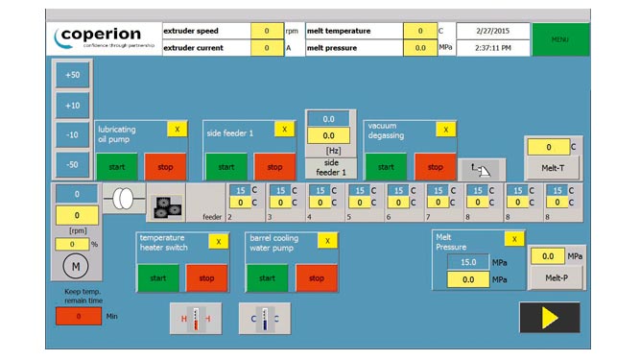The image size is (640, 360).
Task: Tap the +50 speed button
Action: click(73, 74)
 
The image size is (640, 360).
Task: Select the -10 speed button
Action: click(73, 134)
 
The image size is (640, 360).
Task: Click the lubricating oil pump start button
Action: click(117, 166)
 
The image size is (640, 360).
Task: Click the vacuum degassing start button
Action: click(385, 166)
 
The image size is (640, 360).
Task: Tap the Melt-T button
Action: click(552, 167)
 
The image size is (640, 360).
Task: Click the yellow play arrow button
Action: click(549, 316)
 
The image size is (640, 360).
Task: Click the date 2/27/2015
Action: click(490, 31)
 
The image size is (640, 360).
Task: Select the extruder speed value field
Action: click(266, 31)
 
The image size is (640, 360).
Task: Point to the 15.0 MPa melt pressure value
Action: click(469, 261)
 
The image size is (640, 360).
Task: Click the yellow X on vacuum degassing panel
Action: click(444, 129)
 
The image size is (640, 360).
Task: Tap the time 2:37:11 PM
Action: click(490, 47)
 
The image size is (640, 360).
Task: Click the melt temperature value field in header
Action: click(419, 31)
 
